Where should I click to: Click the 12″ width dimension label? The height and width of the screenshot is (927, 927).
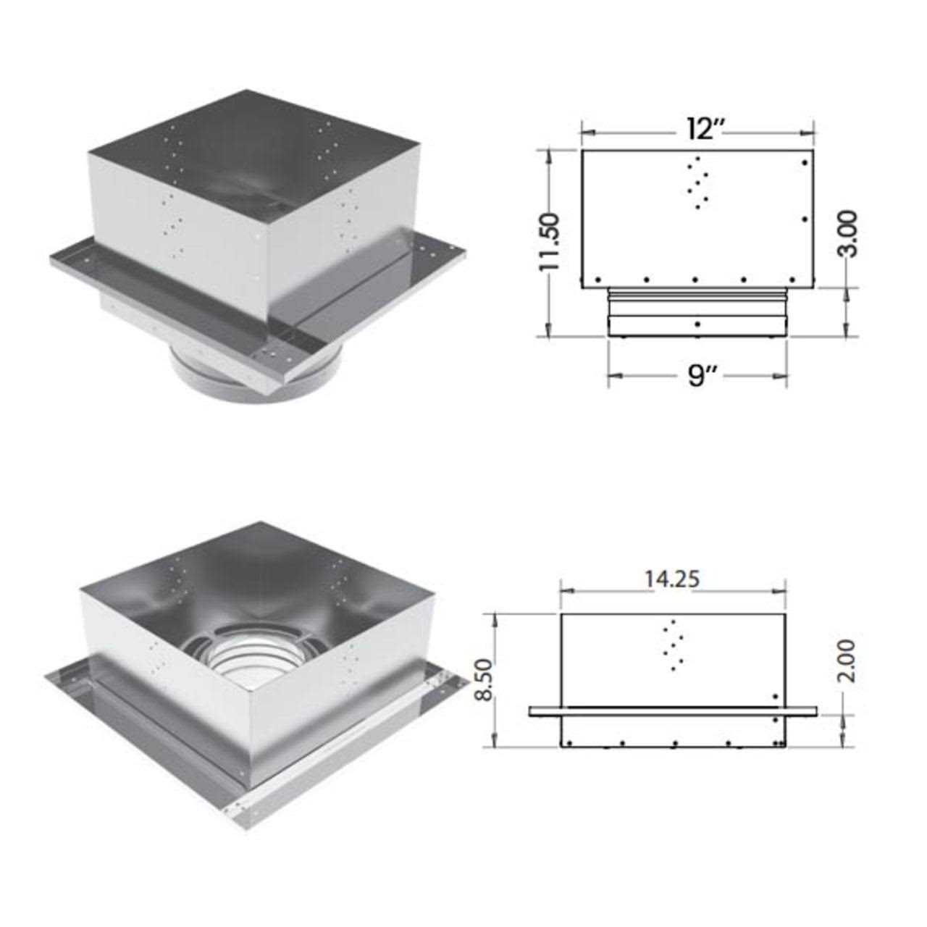point(697,130)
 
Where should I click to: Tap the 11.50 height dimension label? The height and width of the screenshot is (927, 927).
point(550,242)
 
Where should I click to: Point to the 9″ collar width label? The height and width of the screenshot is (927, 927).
point(697,374)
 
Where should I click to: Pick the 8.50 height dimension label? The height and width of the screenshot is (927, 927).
point(485,680)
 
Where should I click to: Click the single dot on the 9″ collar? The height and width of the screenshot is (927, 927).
point(697,324)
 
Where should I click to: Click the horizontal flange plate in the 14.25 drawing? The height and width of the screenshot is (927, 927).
point(674,711)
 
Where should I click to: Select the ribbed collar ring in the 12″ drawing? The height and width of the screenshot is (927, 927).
point(697,293)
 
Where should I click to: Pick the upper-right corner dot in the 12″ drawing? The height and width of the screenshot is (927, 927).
point(805,163)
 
